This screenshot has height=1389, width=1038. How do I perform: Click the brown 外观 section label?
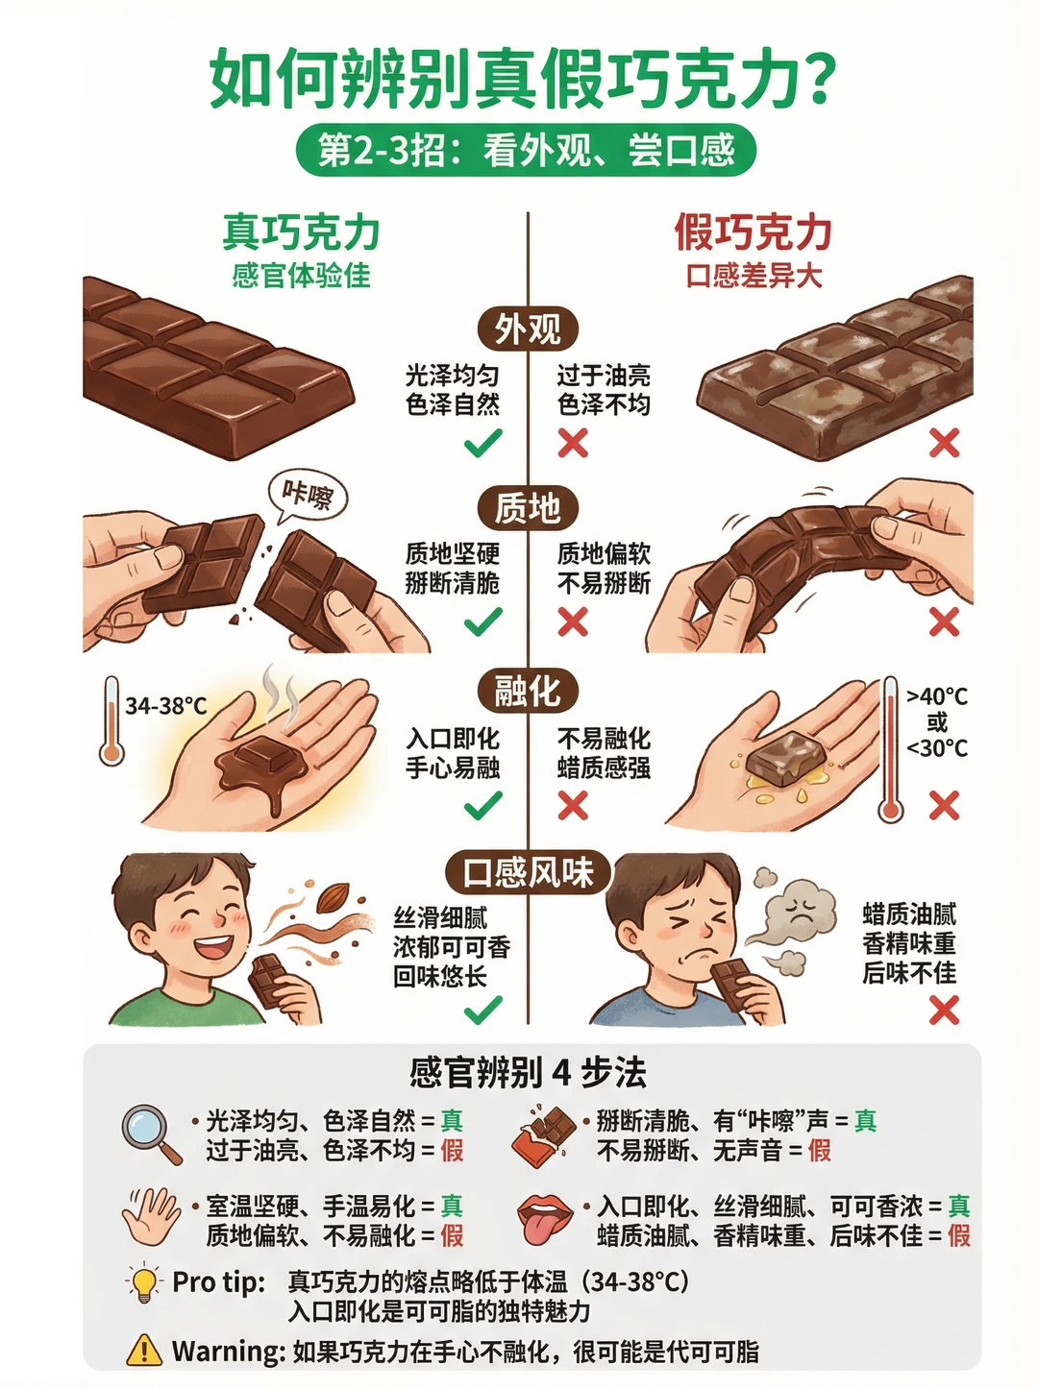tap(528, 329)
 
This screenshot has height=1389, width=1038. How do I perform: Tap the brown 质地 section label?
tap(528, 508)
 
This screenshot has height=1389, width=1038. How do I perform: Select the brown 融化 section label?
tap(528, 691)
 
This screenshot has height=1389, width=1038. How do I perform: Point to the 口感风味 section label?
tap(528, 872)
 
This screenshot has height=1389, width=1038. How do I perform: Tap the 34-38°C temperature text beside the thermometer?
tap(166, 706)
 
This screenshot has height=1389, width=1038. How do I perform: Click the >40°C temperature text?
tap(937, 696)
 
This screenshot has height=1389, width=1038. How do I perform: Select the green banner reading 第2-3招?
tap(527, 150)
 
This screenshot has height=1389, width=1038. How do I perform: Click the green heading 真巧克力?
tap(301, 232)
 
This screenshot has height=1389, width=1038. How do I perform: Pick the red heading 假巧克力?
tap(754, 232)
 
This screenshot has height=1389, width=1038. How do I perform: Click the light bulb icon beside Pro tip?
tap(143, 1282)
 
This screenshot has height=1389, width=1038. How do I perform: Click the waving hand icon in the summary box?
tap(151, 1216)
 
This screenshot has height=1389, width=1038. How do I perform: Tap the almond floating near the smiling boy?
tap(333, 897)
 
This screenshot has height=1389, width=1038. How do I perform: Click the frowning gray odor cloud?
tap(800, 912)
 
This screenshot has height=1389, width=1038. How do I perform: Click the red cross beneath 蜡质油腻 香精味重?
tap(944, 1010)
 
